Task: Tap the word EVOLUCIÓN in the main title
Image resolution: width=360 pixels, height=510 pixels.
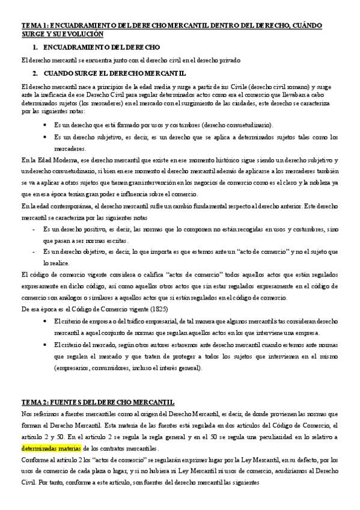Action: (79, 34)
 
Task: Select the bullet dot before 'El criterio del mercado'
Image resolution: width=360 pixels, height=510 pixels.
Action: (47, 345)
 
